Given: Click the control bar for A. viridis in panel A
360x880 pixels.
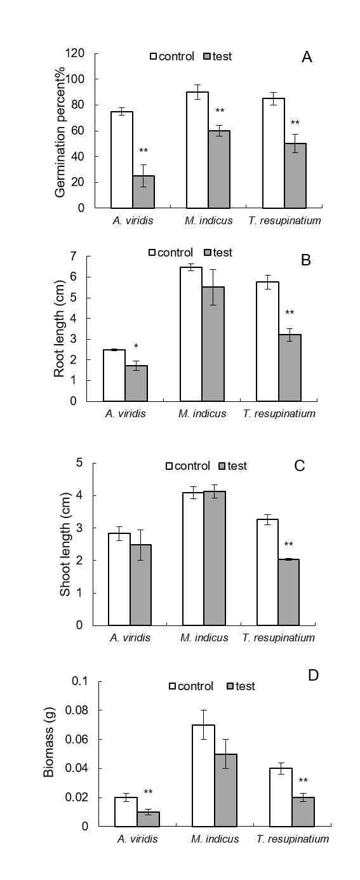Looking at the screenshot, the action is pyautogui.click(x=122, y=160).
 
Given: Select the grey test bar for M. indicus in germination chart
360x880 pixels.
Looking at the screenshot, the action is pyautogui.click(x=219, y=170).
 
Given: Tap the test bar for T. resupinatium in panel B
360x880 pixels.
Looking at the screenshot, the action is pyautogui.click(x=290, y=368).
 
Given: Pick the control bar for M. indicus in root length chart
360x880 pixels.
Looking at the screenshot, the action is pyautogui.click(x=191, y=335).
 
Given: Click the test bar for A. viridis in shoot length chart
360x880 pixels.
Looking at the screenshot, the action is pyautogui.click(x=141, y=585).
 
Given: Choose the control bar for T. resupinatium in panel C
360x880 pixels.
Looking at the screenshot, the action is pyautogui.click(x=268, y=573).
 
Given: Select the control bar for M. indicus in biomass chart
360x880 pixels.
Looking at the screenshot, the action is pyautogui.click(x=204, y=776).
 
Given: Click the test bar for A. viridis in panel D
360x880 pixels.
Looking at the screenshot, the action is pyautogui.click(x=148, y=819).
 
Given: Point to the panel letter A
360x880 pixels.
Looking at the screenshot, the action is pyautogui.click(x=307, y=57).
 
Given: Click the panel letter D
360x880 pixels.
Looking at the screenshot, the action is pyautogui.click(x=313, y=675).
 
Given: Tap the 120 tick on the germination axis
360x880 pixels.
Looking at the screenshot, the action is pyautogui.click(x=75, y=53).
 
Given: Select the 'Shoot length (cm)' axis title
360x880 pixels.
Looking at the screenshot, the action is pyautogui.click(x=65, y=544).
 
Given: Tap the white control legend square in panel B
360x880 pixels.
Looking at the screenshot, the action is pyautogui.click(x=152, y=252).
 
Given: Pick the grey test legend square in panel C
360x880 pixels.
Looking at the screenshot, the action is pyautogui.click(x=222, y=466).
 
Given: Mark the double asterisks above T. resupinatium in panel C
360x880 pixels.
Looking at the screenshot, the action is pyautogui.click(x=289, y=545).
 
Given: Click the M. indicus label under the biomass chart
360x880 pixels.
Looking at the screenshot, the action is pyautogui.click(x=215, y=839).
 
